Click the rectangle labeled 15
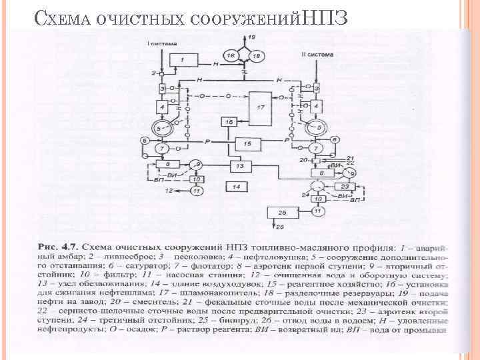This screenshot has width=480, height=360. [247, 143]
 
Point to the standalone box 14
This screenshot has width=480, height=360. [237, 187]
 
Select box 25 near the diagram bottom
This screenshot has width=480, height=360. [283, 213]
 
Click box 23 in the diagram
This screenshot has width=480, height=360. [345, 187]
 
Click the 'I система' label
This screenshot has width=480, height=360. [162, 43]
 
